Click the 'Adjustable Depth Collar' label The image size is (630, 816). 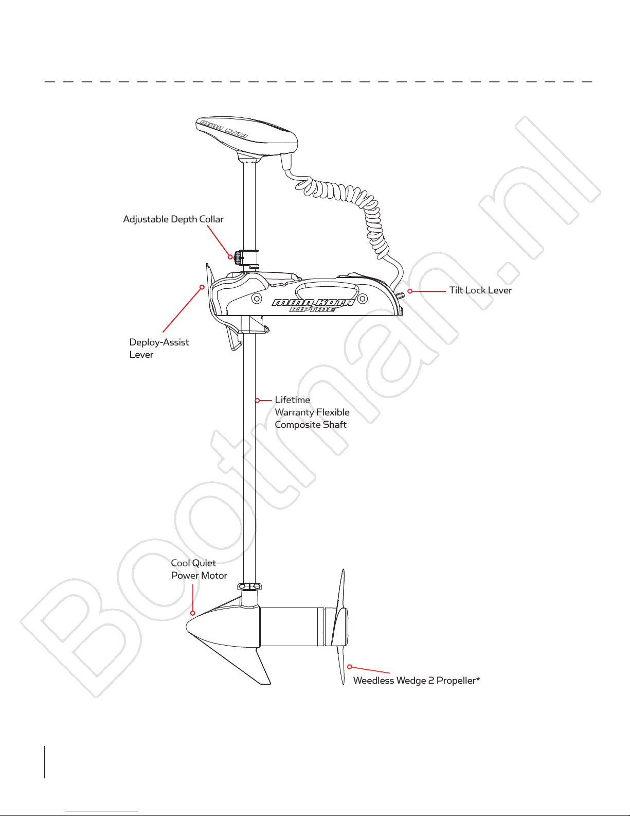[173, 219]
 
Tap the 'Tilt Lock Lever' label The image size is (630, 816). [480, 290]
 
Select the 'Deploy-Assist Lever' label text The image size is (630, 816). [159, 348]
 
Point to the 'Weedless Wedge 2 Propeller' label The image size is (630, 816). [417, 681]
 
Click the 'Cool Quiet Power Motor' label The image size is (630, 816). [199, 569]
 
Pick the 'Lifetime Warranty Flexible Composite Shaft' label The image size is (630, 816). [312, 412]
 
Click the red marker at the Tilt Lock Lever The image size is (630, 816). [410, 291]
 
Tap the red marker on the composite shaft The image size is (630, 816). [257, 401]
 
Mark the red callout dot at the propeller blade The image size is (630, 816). [350, 667]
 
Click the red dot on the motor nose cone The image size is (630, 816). [193, 613]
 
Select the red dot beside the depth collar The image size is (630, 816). [230, 257]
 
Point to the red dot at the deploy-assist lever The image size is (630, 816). [202, 287]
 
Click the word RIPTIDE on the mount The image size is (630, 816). [312, 309]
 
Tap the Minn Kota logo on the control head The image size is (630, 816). [224, 128]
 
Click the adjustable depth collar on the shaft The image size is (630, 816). [246, 258]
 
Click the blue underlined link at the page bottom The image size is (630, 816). [102, 811]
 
